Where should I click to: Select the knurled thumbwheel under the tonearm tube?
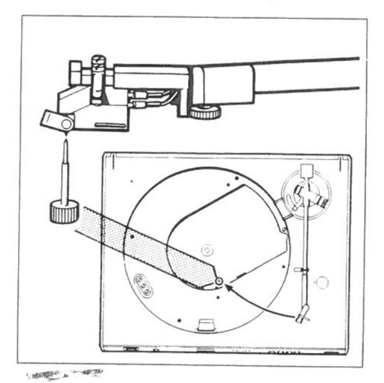205,112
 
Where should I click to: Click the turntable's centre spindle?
206,250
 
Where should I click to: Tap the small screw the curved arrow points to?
218,281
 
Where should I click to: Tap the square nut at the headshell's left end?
76,72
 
